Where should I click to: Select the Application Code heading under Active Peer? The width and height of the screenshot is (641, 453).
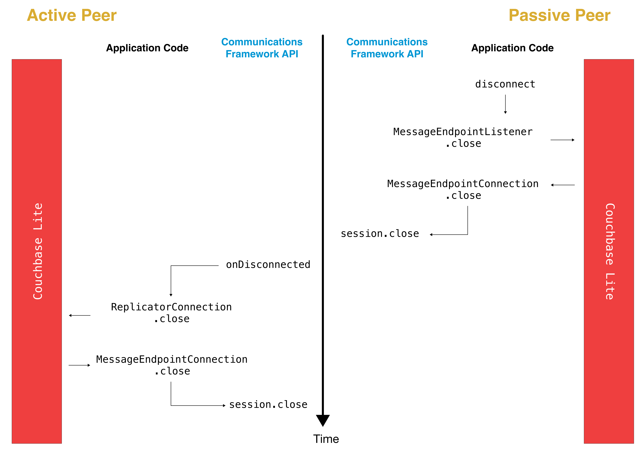(147, 48)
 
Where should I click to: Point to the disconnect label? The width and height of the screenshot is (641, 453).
(505, 84)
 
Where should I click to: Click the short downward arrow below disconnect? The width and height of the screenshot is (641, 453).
(505, 104)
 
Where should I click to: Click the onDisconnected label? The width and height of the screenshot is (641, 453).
(268, 264)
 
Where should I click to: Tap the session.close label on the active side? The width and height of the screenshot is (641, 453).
(268, 404)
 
